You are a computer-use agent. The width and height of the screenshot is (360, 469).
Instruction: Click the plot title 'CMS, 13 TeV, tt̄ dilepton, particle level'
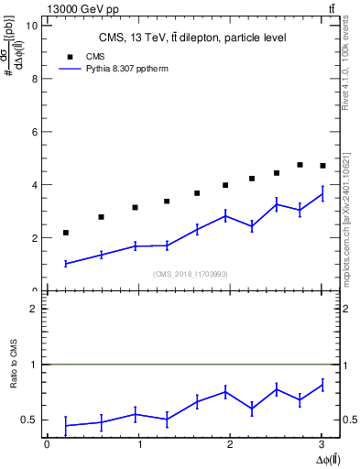[x=193, y=38]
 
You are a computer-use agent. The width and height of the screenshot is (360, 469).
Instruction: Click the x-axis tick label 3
[x=322, y=444]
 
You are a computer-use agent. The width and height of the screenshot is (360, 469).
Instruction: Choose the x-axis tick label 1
[x=138, y=444]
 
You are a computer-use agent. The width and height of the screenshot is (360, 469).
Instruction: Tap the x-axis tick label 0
[x=47, y=444]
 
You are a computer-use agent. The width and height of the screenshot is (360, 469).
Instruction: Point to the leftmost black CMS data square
[x=65, y=233]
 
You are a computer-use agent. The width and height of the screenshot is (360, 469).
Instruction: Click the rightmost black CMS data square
[x=322, y=166]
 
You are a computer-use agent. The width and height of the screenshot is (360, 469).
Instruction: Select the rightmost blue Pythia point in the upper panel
[x=322, y=193]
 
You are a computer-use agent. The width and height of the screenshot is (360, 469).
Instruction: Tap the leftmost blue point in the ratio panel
[x=65, y=425]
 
